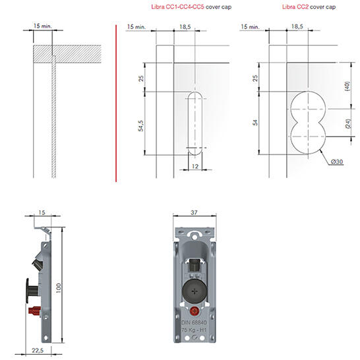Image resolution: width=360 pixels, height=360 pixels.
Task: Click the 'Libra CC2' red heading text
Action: point(295,7)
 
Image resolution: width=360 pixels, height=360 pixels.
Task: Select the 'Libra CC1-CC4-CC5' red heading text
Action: point(177,7)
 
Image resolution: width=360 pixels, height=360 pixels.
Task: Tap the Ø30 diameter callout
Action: point(337,162)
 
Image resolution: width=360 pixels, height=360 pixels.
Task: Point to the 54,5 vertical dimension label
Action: point(140,126)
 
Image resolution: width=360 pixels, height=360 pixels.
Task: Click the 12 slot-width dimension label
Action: point(195,166)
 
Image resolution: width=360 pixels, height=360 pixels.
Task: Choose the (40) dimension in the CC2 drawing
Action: point(347,86)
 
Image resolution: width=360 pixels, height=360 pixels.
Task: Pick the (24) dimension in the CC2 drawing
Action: point(348,123)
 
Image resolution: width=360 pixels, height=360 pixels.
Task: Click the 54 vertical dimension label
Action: point(255,123)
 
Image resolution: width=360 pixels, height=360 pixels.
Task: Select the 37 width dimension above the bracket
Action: point(194,212)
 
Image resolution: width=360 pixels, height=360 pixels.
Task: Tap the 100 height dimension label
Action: point(58,288)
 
